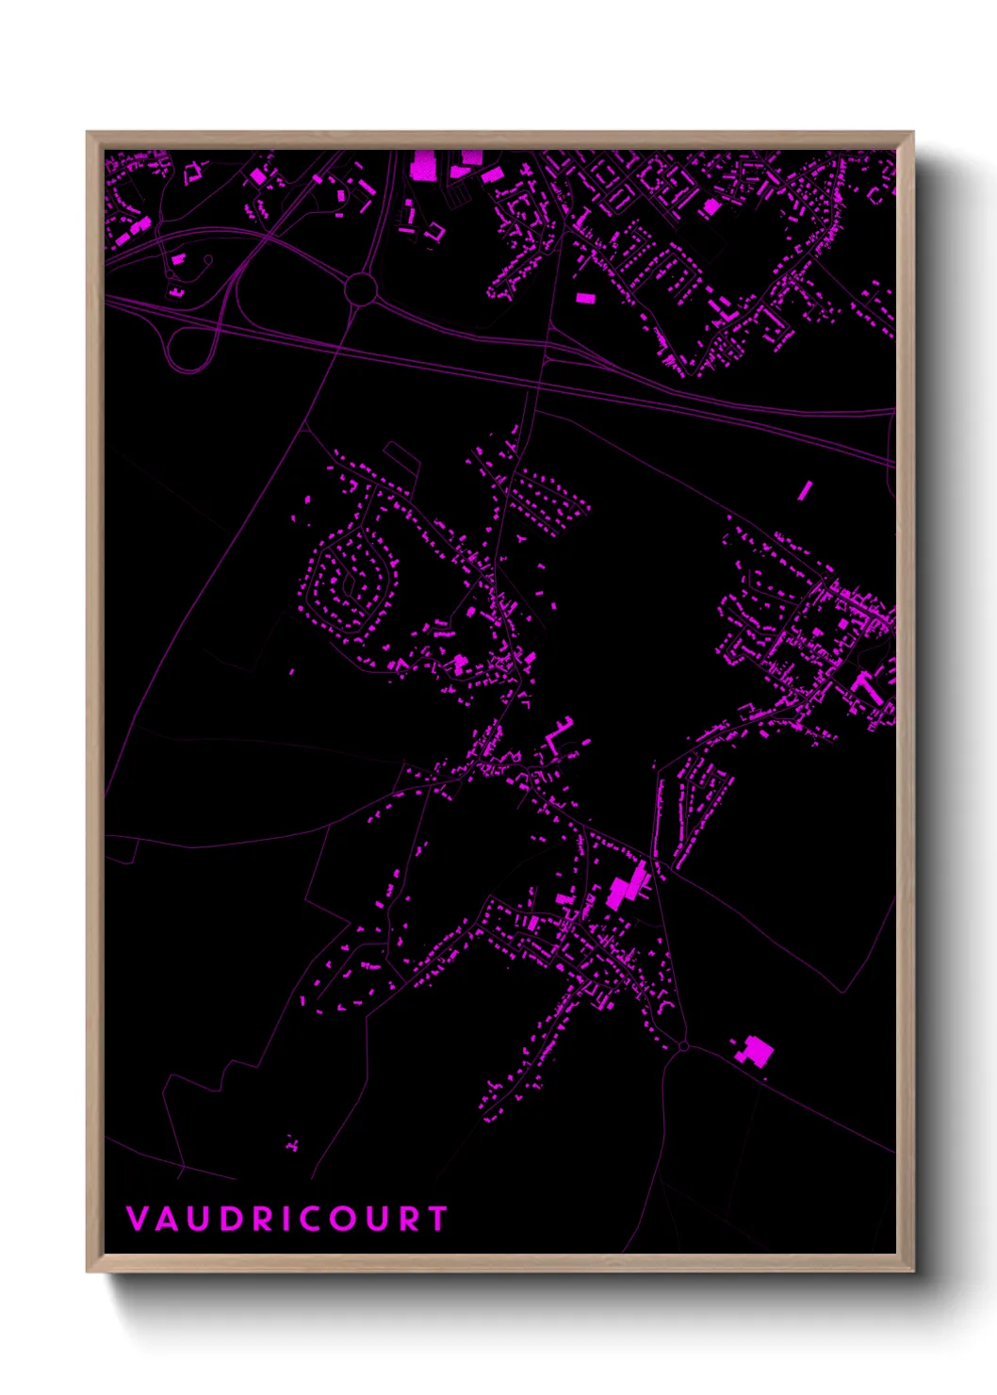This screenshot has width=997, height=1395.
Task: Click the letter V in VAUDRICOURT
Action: [137, 1219]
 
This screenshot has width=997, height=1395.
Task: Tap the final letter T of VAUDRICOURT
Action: [437, 1219]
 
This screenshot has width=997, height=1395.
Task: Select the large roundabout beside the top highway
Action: [361, 288]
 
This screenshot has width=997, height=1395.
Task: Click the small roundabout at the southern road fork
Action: [683, 1045]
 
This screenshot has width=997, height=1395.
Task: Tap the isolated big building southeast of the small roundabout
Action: [755, 1051]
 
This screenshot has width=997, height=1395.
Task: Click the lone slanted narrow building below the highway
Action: [805, 490]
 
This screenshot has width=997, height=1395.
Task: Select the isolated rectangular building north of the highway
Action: [585, 298]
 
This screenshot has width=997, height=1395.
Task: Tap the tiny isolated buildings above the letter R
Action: [292, 1143]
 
